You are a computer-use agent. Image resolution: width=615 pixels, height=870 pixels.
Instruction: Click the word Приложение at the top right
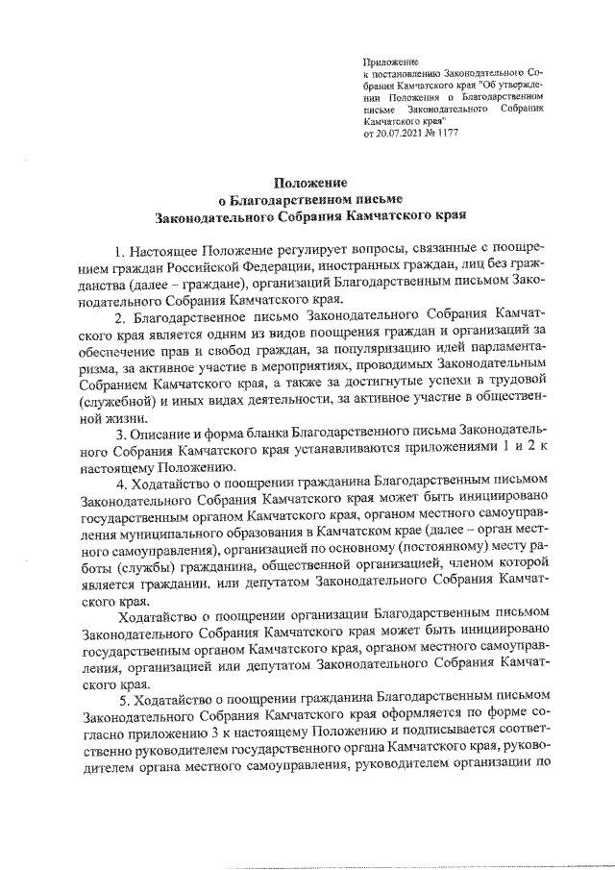[x=386, y=61]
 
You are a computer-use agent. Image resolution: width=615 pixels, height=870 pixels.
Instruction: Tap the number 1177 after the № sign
[x=448, y=135]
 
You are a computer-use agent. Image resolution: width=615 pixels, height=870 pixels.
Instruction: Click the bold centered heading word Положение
[x=307, y=183]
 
